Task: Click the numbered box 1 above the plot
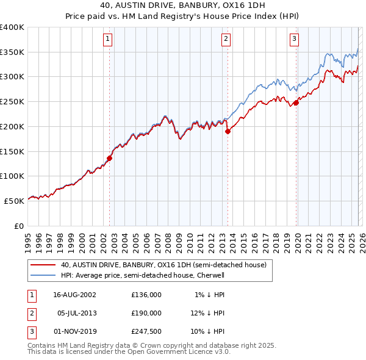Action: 107,39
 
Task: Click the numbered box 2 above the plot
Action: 226,39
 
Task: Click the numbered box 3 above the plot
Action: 294,39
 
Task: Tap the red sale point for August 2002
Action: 110,158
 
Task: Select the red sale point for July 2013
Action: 228,131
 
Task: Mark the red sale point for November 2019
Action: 296,103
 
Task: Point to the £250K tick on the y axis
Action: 12,102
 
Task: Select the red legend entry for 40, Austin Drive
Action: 163,265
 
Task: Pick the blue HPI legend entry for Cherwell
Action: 143,275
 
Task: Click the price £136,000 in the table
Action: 146,294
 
